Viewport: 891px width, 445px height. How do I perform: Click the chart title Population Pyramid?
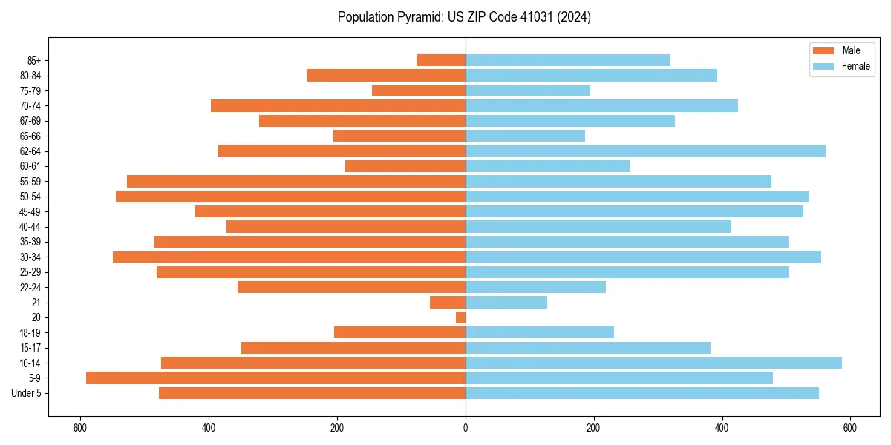pyautogui.click(x=464, y=17)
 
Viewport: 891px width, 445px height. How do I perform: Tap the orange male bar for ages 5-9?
pyautogui.click(x=275, y=378)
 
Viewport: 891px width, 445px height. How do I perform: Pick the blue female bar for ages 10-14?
pyautogui.click(x=653, y=363)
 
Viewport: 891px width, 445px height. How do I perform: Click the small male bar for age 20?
pyautogui.click(x=461, y=317)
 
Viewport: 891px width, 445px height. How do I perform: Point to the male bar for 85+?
pyautogui.click(x=441, y=60)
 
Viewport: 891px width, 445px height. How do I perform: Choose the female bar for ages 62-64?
pyautogui.click(x=645, y=151)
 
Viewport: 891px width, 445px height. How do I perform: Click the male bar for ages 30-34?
pyautogui.click(x=289, y=257)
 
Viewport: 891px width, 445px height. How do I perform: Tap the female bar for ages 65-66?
pyautogui.click(x=525, y=136)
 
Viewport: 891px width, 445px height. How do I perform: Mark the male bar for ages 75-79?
pyautogui.click(x=419, y=90)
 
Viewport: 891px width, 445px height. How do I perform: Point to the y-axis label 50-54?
pyautogui.click(x=30, y=197)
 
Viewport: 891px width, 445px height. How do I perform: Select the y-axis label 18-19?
pyautogui.click(x=30, y=332)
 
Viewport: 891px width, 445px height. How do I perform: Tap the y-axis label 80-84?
pyautogui.click(x=30, y=76)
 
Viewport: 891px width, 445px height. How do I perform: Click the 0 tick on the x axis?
pyautogui.click(x=466, y=428)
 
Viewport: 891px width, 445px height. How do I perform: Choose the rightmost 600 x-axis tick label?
pyautogui.click(x=850, y=428)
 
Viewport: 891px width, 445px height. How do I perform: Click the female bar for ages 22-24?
pyautogui.click(x=535, y=287)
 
